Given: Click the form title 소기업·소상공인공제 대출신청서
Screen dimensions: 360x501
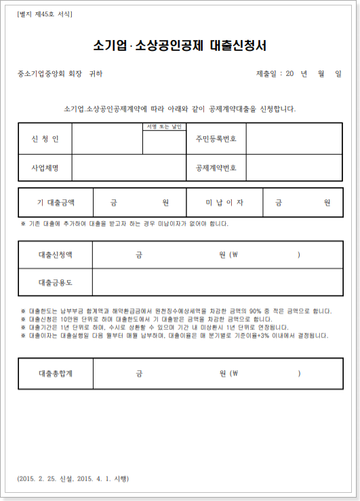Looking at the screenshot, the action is pos(180,46).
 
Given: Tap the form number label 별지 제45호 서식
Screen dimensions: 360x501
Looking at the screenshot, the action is pos(45,14).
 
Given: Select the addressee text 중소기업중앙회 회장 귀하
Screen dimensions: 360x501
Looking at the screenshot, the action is pos(60,74).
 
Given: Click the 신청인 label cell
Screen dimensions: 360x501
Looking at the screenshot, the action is pos(45,139).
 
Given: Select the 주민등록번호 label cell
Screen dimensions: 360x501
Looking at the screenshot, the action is pos(216,139).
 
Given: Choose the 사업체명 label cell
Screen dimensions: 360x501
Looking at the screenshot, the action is pos(45,167).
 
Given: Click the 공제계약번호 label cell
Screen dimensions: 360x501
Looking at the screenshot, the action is pos(216,167).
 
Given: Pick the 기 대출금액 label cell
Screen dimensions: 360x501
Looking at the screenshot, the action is pos(56,202).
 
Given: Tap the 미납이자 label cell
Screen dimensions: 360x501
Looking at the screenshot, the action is pos(224,202).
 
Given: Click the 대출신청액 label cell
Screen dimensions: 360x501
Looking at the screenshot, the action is pos(56,255).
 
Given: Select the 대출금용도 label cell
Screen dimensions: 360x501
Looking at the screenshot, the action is pos(56,282).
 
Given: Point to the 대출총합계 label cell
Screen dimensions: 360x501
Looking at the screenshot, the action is pos(56,373).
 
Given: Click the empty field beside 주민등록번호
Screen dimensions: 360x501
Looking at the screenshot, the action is pos(294,139).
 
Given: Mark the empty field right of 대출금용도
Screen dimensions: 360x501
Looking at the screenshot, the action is pos(217,282).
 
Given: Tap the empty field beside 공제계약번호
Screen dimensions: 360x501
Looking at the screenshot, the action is pos(294,167).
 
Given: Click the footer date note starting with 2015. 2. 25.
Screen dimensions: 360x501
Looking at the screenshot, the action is pos(73,479).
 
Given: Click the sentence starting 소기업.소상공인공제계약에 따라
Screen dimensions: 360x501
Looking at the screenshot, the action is pos(180,108).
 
